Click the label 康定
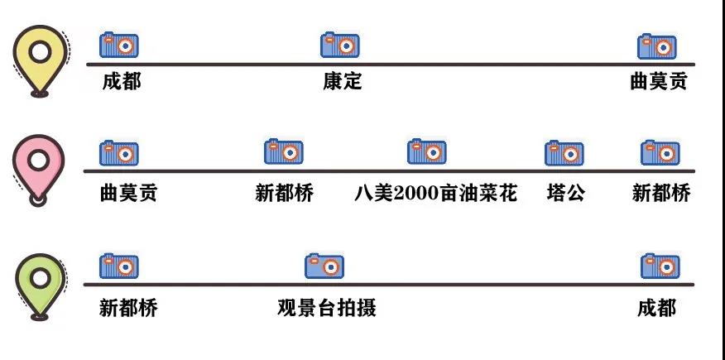343,82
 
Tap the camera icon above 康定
340,45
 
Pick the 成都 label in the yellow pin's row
122,82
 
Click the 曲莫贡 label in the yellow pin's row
658,82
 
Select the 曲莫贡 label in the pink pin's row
128,194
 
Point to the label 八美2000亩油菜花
435,194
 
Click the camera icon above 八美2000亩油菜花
427,151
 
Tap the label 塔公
566,194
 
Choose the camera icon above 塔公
564,153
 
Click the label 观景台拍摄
327,309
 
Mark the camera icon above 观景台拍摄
324,266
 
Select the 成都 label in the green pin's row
657,309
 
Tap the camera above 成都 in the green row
660,266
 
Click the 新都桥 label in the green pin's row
128,309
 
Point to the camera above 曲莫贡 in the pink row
119,153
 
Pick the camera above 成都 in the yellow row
119,45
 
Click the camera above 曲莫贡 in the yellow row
657,46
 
